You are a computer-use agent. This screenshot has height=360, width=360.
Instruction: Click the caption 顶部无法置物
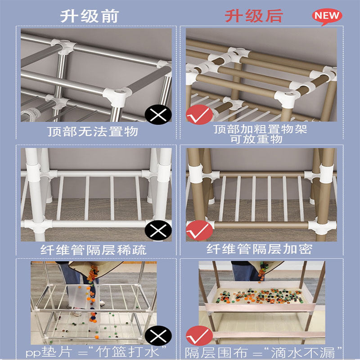click(93, 132)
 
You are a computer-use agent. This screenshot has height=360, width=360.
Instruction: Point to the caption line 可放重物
click(261, 139)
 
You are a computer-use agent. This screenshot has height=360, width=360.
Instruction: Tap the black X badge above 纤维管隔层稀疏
click(158, 231)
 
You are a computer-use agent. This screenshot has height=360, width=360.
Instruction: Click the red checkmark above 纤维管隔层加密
click(199, 230)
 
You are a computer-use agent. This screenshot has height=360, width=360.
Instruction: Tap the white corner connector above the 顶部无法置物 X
click(117, 94)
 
